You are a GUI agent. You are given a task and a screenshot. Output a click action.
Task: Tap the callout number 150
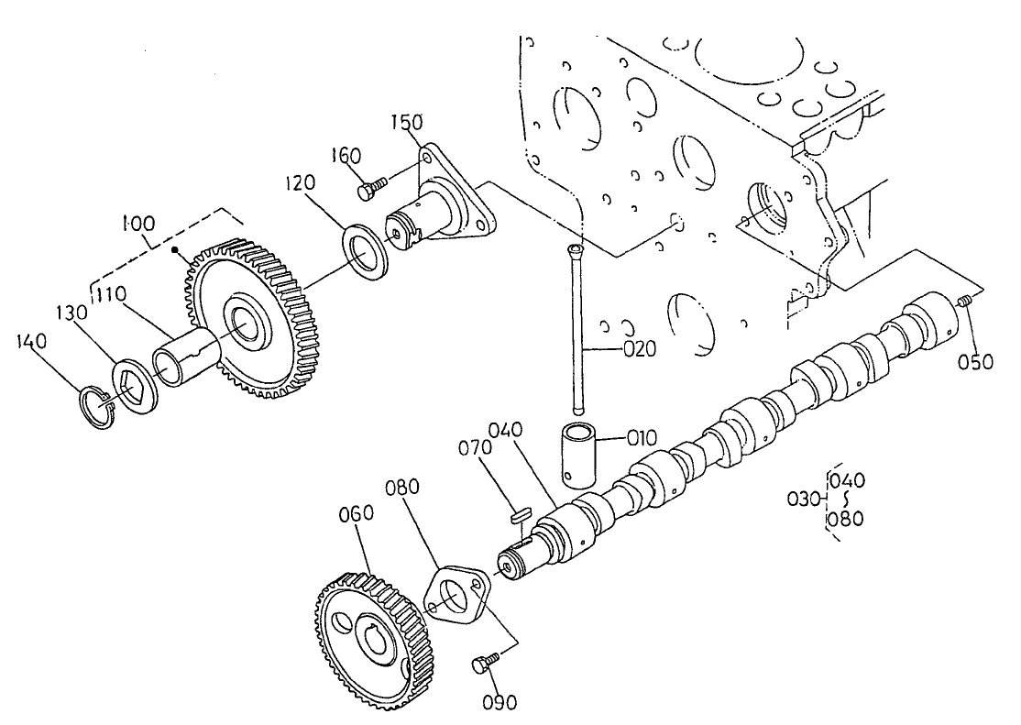click(x=406, y=123)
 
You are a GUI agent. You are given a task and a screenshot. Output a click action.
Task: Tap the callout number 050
click(x=975, y=361)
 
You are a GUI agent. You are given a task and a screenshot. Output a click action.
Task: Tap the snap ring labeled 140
click(x=95, y=408)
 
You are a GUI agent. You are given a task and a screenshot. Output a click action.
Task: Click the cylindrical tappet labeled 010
click(x=576, y=451)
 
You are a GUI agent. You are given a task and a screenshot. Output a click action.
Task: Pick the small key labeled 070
click(x=516, y=515)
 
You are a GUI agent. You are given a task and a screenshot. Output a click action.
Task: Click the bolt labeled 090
click(x=484, y=663)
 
